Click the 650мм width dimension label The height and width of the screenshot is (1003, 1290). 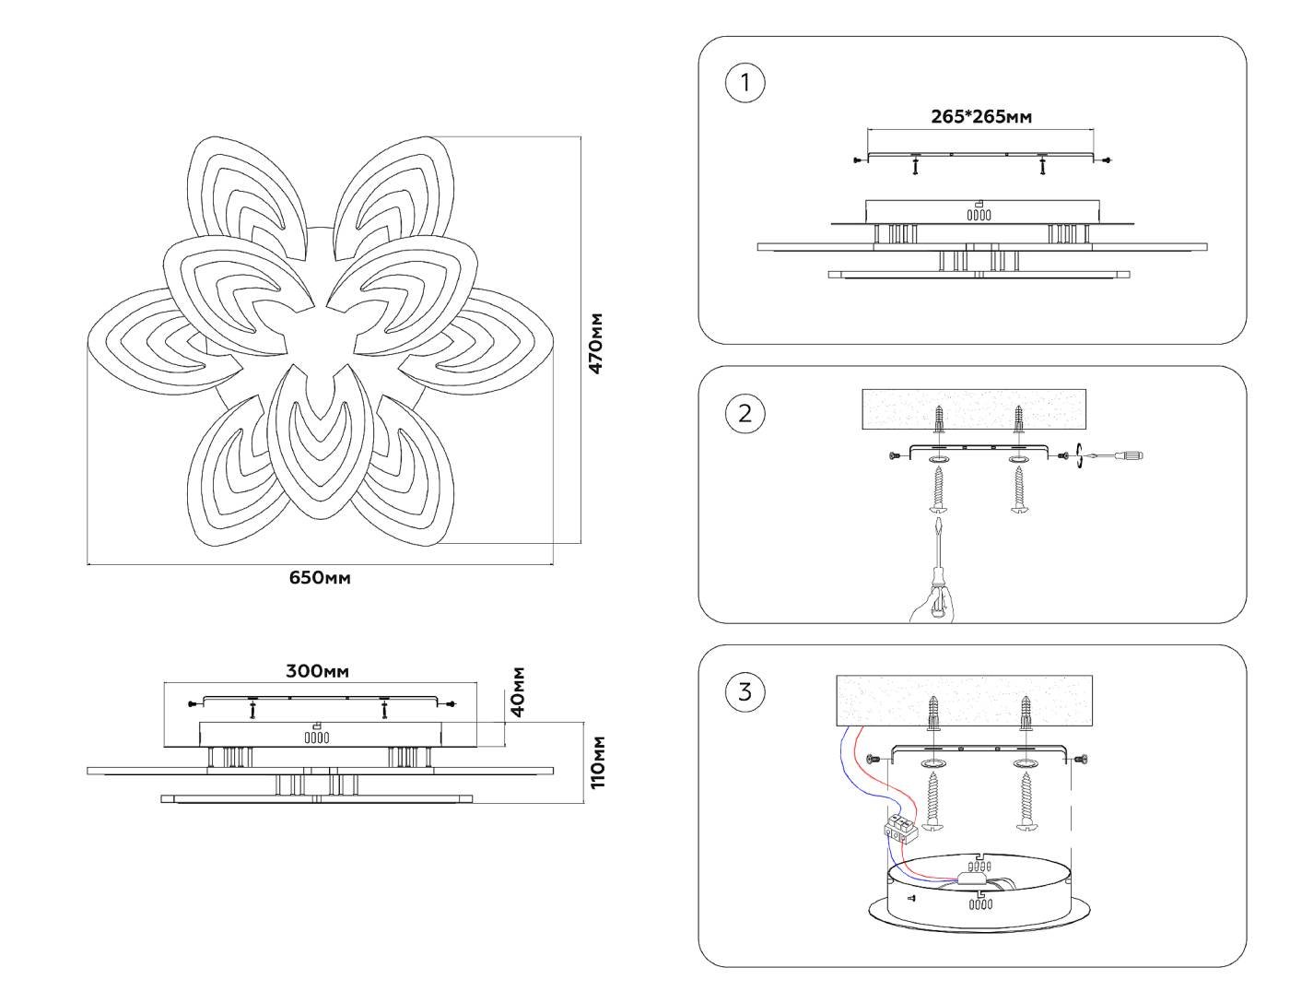320,578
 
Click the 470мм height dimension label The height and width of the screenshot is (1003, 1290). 596,343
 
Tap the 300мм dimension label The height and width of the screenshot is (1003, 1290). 317,671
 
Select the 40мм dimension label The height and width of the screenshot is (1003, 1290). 519,690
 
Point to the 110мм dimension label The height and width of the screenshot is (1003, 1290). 598,761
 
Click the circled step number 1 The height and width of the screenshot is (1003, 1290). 745,83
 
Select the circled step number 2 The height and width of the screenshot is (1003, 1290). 745,413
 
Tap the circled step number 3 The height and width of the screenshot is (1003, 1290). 745,691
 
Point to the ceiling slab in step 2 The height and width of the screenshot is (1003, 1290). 973,408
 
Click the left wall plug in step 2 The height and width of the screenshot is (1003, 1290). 938,421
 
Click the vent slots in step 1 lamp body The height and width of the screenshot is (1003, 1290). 979,215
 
